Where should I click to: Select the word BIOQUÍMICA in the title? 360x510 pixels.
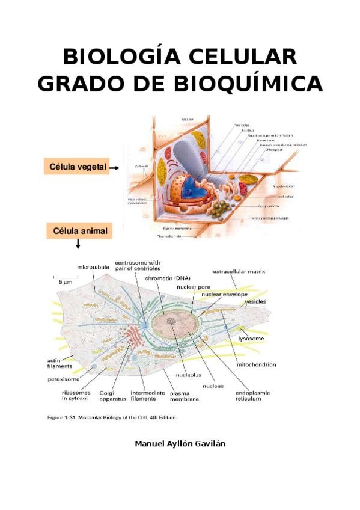(x=248, y=84)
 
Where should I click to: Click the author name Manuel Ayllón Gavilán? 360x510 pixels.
(x=180, y=444)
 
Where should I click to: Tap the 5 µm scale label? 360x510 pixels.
(x=66, y=281)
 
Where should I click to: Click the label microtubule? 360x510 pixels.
(x=93, y=266)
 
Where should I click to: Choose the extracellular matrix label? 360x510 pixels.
(x=239, y=272)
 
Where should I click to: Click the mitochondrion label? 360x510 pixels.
(x=257, y=364)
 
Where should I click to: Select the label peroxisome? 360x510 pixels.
(x=65, y=379)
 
